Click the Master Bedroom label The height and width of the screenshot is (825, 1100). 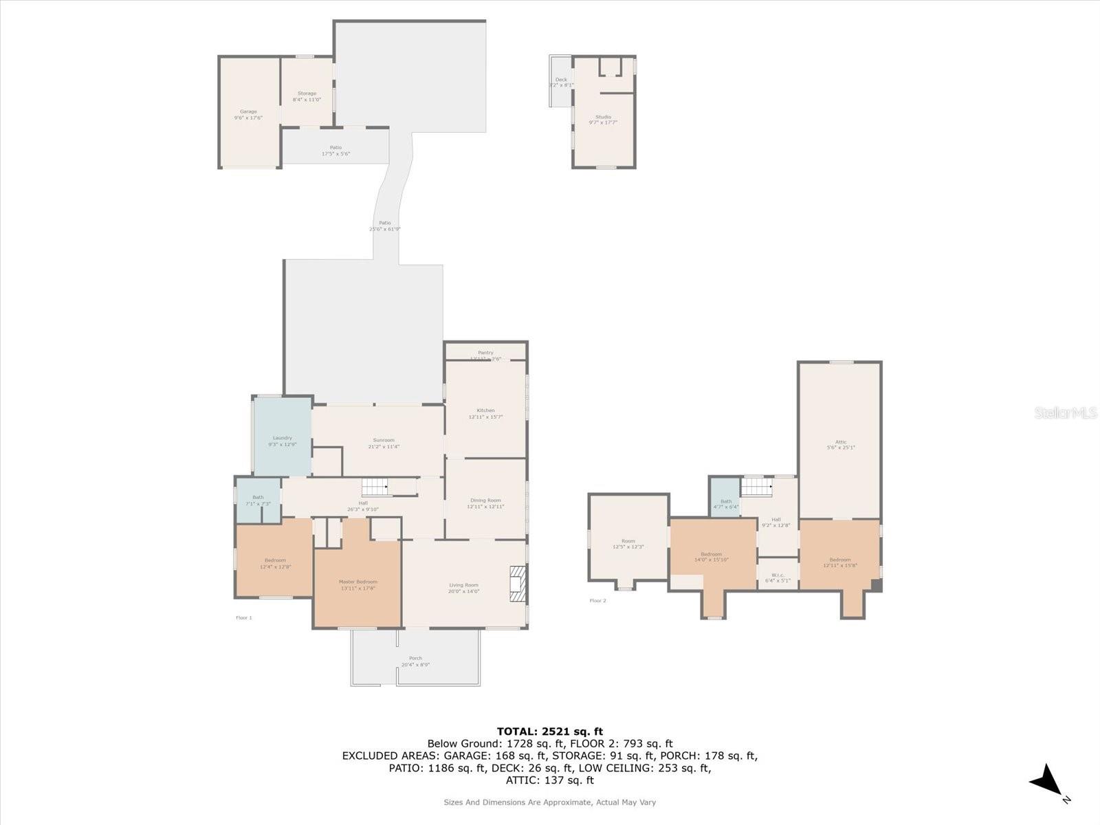tap(357, 582)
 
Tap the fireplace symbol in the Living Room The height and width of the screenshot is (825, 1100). tap(517, 584)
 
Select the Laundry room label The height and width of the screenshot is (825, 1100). tap(283, 438)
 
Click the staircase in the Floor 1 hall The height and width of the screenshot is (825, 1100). tap(375, 487)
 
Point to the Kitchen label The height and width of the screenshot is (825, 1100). tap(485, 410)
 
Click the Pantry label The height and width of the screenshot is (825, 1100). tap(485, 353)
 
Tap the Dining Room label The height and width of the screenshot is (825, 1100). tap(485, 500)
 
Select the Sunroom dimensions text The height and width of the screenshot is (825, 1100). tap(384, 447)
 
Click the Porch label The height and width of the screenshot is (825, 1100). tap(415, 658)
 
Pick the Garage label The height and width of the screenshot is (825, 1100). tap(248, 111)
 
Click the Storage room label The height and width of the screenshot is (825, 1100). tap(307, 93)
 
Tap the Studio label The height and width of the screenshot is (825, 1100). tap(603, 117)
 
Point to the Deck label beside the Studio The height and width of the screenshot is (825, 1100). tap(561, 80)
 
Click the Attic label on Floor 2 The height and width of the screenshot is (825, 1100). tap(840, 442)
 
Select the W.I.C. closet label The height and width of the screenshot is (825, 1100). tap(778, 575)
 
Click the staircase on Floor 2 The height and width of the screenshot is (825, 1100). tap(756, 487)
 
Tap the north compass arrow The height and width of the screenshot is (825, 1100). tap(1046, 781)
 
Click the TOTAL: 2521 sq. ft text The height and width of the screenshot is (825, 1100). tap(549, 731)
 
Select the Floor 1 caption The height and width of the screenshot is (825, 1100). tap(244, 618)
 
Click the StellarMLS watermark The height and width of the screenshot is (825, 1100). tap(1065, 412)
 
